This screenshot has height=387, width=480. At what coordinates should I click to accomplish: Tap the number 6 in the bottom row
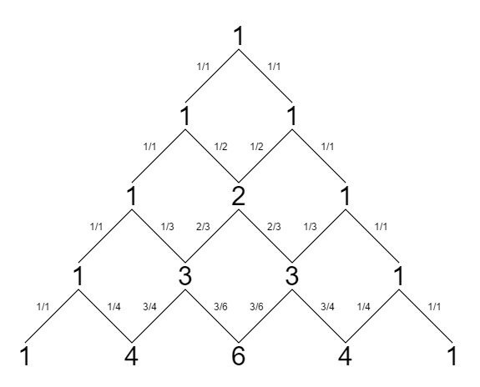point(239,356)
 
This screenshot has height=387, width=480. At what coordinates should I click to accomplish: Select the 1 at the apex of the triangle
point(239,37)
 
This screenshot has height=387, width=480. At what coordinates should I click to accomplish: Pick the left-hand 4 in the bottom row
point(131,356)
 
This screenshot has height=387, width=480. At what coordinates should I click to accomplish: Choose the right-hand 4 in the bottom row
point(345,356)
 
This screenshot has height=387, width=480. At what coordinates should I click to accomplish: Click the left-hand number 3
point(184,276)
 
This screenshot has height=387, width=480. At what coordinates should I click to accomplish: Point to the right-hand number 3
point(291,276)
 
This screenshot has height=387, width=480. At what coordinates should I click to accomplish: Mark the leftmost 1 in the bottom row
point(25,356)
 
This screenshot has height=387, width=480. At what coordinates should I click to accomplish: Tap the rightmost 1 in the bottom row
point(452,356)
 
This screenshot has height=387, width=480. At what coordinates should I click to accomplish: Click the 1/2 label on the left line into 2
point(221,147)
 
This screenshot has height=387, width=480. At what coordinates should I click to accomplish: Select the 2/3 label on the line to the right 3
point(274,227)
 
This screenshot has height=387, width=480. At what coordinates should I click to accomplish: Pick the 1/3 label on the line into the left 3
point(168,227)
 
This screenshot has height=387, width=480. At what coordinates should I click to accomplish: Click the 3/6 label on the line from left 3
point(220,307)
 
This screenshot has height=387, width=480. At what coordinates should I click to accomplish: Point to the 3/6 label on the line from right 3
point(256,307)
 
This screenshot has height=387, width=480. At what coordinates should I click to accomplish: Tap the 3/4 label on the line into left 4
point(149,307)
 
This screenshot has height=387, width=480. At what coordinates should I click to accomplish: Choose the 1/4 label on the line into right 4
point(364,307)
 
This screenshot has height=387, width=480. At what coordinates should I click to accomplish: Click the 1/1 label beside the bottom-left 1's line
point(43,307)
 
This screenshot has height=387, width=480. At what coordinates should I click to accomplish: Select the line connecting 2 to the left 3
point(212,236)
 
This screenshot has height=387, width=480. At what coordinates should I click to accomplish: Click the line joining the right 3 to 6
point(265,316)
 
